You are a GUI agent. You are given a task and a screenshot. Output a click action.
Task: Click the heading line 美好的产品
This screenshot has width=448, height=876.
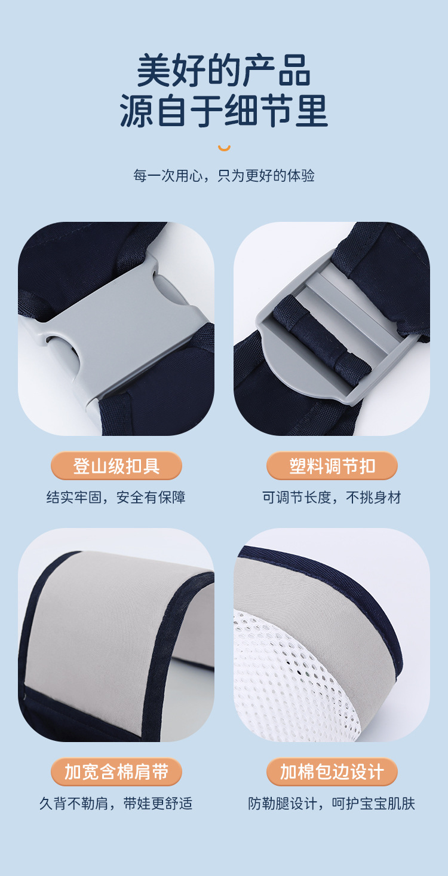click(224, 71)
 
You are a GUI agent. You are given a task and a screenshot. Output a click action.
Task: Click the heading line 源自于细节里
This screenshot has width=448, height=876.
click(224, 111)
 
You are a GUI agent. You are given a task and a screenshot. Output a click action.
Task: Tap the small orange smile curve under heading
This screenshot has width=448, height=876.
click(224, 148)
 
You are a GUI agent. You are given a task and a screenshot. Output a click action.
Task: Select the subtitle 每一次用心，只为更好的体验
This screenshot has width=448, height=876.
click(224, 176)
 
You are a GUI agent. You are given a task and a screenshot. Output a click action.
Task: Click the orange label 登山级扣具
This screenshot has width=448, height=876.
click(116, 466)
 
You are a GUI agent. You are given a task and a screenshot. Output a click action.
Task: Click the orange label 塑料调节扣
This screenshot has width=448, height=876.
click(332, 466)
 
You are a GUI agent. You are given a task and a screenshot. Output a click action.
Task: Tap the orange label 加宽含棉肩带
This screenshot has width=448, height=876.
click(116, 771)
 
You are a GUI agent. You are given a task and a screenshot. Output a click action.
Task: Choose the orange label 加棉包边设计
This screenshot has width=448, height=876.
click(332, 771)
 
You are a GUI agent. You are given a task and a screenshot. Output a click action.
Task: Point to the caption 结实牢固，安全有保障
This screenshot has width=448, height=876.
click(116, 497)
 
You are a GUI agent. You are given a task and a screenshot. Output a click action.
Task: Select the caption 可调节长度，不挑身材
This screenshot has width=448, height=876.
click(332, 497)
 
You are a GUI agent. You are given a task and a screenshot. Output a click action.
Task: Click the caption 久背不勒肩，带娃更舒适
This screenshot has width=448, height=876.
click(116, 803)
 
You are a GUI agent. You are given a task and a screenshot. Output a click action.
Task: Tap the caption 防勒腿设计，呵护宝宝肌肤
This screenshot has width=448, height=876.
click(332, 803)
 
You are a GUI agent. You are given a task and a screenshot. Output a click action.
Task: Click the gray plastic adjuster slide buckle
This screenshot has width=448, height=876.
click(311, 365)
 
